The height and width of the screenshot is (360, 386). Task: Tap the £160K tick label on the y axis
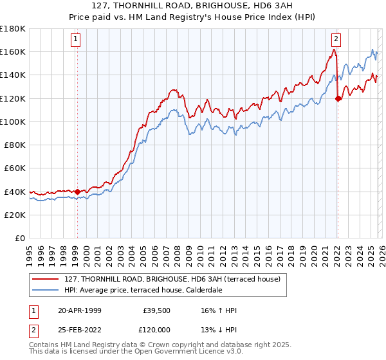(x=13, y=51)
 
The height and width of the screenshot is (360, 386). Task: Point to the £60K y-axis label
(x=15, y=168)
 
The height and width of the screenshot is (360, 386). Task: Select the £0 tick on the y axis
(x=20, y=238)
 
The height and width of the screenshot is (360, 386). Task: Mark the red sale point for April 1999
(x=77, y=192)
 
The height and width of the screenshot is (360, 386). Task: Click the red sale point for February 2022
(x=338, y=98)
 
